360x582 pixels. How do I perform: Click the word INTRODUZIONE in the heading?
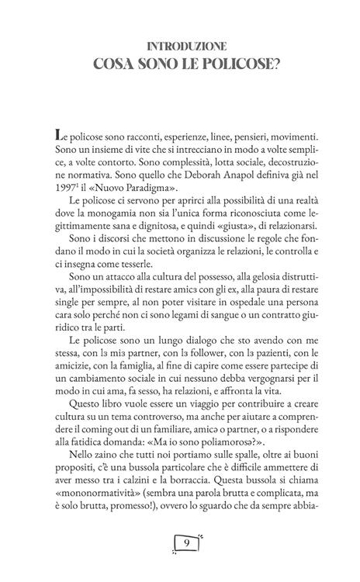(x=180, y=47)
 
